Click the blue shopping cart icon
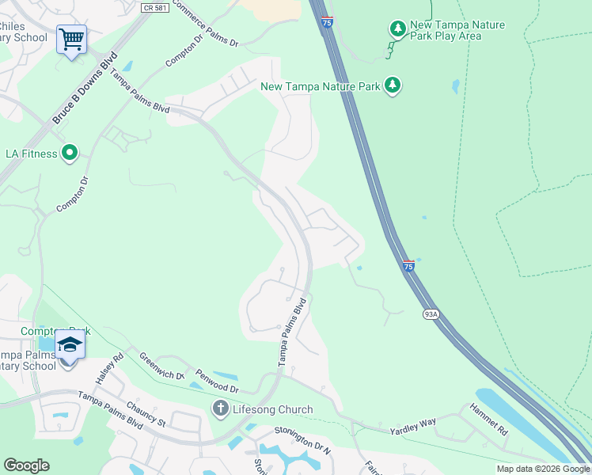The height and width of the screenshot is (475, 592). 71,38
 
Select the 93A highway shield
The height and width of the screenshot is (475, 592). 431,314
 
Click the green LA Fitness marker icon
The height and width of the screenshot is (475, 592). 70,153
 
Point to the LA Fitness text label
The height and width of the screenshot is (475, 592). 32,154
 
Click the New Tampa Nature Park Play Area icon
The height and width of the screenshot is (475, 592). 397,28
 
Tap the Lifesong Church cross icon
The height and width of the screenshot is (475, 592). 220,409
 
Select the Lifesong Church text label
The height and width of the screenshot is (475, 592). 271,409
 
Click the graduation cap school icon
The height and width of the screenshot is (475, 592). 69,344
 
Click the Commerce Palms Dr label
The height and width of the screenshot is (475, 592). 205,24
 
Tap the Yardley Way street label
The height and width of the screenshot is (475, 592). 412,427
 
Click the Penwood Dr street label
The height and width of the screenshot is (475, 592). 217,382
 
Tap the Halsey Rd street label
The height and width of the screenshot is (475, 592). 110,368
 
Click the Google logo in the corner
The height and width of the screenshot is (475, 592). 26,465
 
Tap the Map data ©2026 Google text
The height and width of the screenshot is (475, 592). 543,469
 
